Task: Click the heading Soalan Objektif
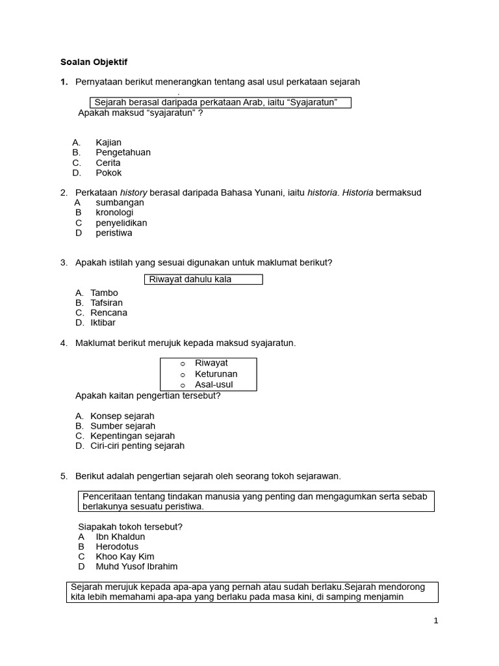pyautogui.click(x=94, y=62)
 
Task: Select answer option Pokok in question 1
pyautogui.click(x=109, y=173)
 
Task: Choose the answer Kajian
pyautogui.click(x=109, y=142)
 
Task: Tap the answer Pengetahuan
pyautogui.click(x=123, y=152)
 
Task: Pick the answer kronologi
pyautogui.click(x=114, y=213)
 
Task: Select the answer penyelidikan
pyautogui.click(x=121, y=223)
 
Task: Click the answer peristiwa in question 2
pyautogui.click(x=114, y=233)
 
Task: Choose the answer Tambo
pyautogui.click(x=104, y=293)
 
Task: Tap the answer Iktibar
pyautogui.click(x=103, y=323)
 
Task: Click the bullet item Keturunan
pyautogui.click(x=216, y=374)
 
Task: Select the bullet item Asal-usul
pyautogui.click(x=214, y=384)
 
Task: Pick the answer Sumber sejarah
pyautogui.click(x=123, y=426)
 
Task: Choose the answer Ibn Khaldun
pyautogui.click(x=120, y=537)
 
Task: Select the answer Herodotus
pyautogui.click(x=117, y=547)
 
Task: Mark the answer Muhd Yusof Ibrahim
pyautogui.click(x=136, y=566)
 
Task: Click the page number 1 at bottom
pyautogui.click(x=436, y=620)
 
